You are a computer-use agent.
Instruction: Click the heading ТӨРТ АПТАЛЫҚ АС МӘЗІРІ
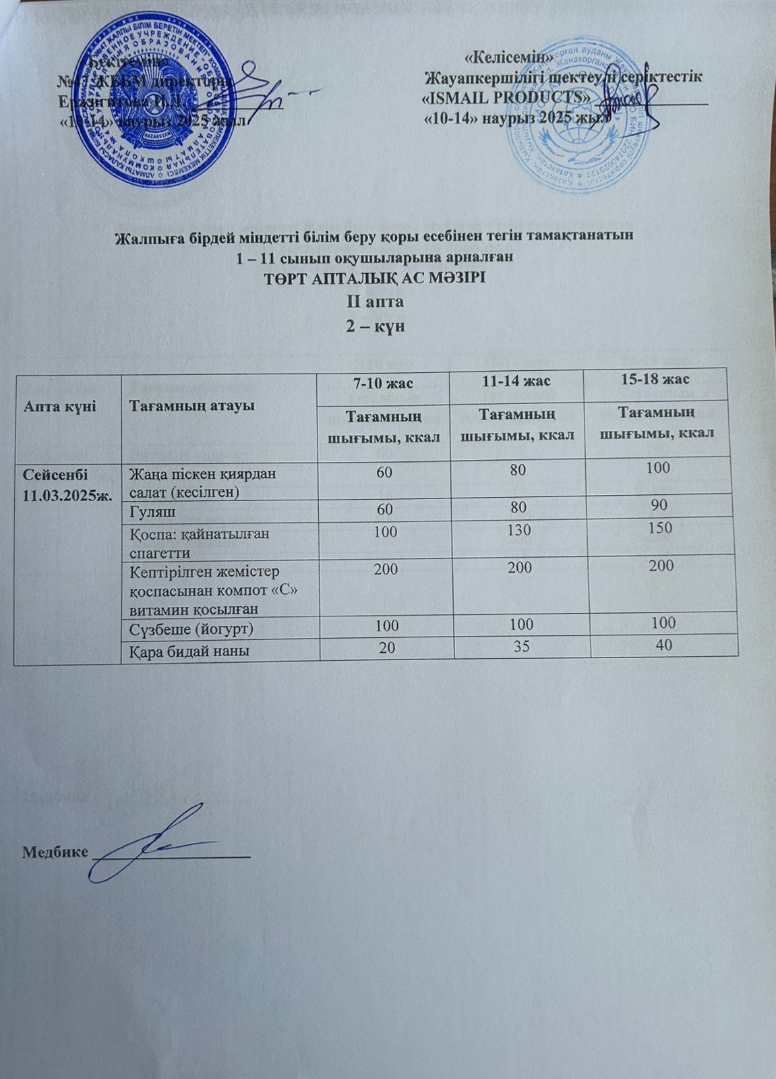[375, 278]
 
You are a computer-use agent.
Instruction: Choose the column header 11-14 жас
[518, 380]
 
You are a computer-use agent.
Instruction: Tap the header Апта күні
[50, 406]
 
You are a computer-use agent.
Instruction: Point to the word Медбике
[55, 852]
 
